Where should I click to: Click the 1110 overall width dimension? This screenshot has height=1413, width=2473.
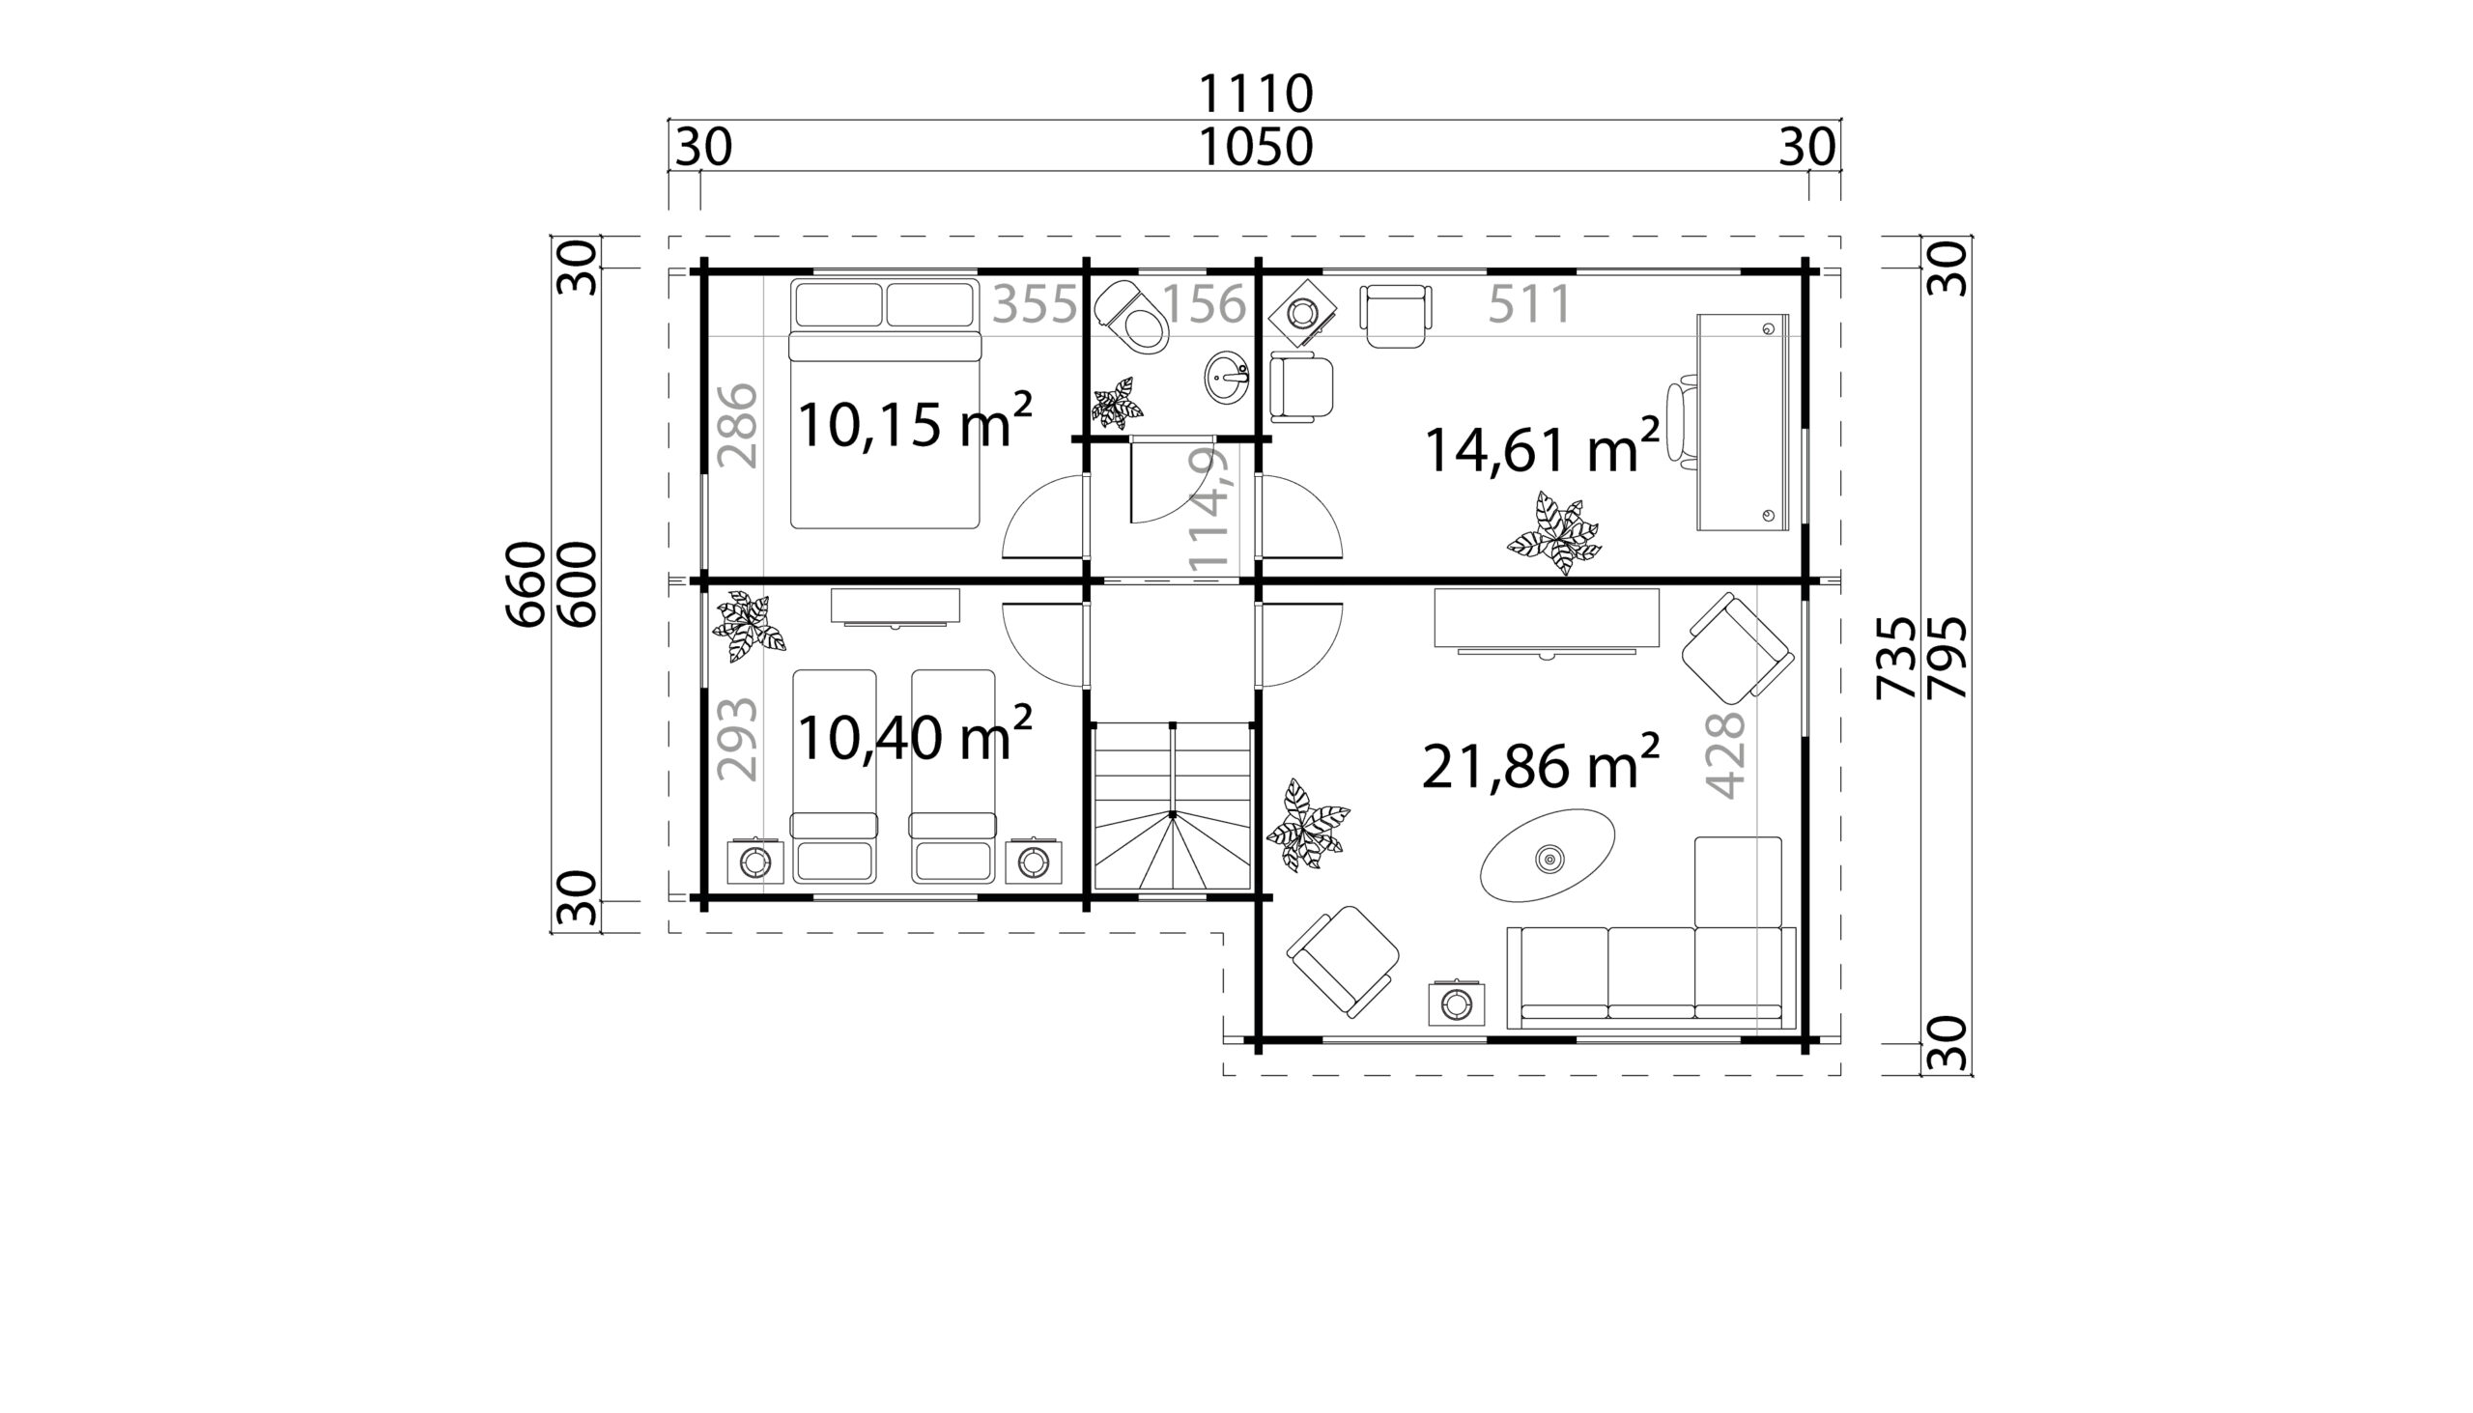[x=1255, y=94]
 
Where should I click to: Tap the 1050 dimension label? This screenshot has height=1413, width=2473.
[x=1255, y=149]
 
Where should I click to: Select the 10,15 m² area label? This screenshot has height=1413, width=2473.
[x=914, y=422]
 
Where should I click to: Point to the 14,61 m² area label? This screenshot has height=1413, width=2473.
[x=1540, y=447]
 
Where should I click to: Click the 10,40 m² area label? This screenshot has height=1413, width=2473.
[x=914, y=735]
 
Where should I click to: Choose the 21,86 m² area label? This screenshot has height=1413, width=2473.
[x=1540, y=764]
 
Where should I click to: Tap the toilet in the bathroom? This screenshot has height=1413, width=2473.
[x=1132, y=317]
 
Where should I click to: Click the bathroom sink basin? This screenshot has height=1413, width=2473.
[x=1228, y=377]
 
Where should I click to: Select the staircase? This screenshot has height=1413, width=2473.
[x=1172, y=805]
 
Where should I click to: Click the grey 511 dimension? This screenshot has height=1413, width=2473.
[x=1529, y=304]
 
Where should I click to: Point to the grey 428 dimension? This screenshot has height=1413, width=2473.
[x=1725, y=755]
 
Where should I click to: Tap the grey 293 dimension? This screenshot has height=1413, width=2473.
[x=738, y=739]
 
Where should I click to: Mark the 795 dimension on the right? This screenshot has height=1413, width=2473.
[x=1946, y=657]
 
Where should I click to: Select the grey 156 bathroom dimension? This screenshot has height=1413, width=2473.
[x=1204, y=304]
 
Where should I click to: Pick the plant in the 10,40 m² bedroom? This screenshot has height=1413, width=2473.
[x=749, y=627]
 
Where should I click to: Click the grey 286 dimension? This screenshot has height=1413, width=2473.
[x=738, y=425]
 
